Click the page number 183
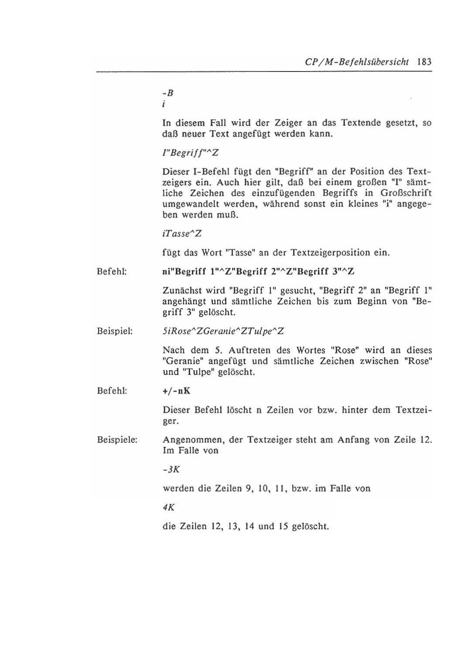pos(424,61)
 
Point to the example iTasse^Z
pos(181,234)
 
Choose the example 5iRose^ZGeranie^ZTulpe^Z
pos(223,331)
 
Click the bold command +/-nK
pos(176,391)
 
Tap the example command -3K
pos(171,470)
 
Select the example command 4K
pos(168,507)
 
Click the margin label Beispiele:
pos(117,440)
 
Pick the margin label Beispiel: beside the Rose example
pos(115,331)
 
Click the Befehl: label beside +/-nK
pos(112,391)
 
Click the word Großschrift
pos(406,193)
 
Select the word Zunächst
pos(179,290)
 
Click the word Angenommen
pos(191,440)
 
